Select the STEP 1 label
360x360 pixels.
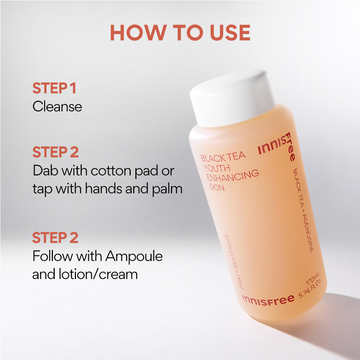coord(54,88)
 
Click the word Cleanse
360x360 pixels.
coord(57,107)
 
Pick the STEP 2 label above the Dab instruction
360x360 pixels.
coord(55,152)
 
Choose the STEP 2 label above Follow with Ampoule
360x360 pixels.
coord(55,238)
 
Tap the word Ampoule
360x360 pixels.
coord(134,256)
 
